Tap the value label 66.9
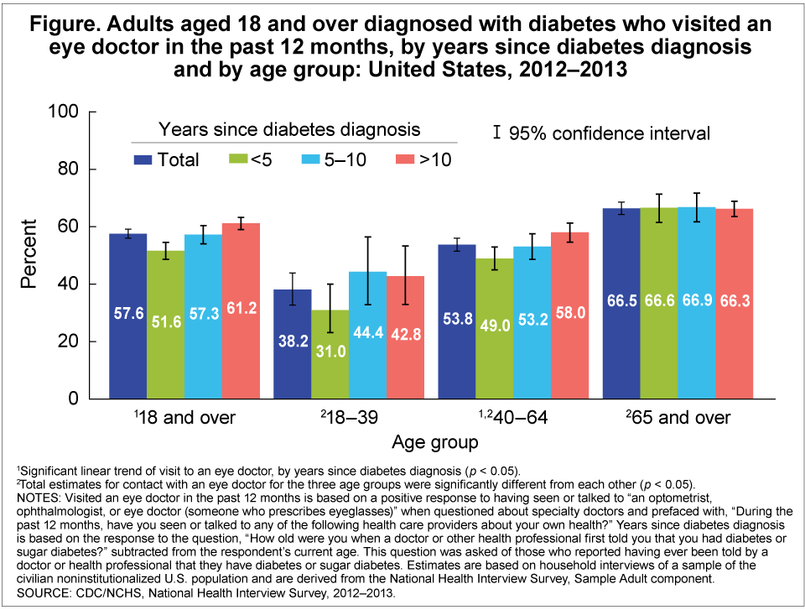(x=697, y=300)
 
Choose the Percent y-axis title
(x=29, y=254)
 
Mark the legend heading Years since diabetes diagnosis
(x=289, y=129)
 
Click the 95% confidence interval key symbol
(x=497, y=132)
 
